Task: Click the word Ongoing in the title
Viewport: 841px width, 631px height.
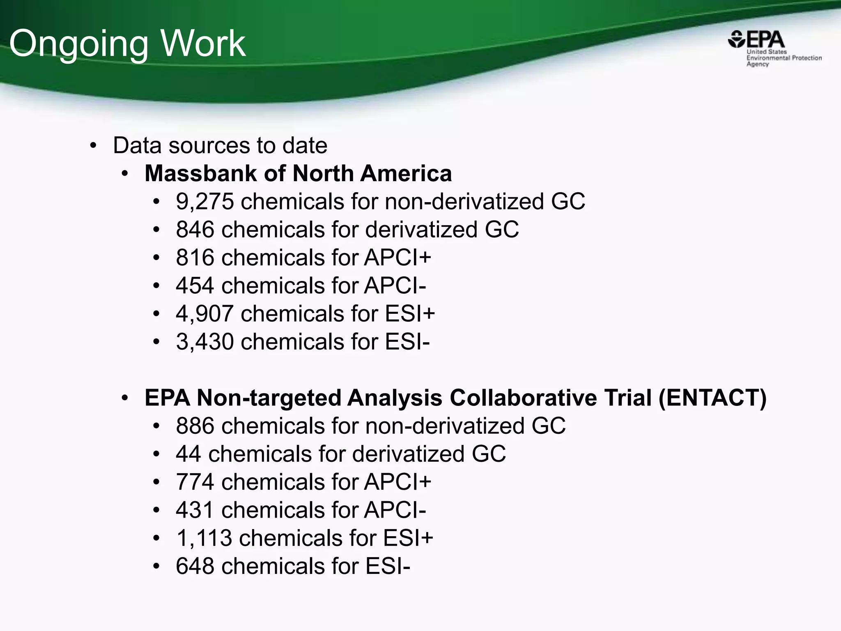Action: tap(78, 44)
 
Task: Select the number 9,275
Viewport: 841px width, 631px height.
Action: tap(205, 202)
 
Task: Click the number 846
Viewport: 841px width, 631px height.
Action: tap(195, 230)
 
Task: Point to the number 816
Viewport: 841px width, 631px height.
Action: tap(195, 258)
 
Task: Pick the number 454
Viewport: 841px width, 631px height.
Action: tap(195, 286)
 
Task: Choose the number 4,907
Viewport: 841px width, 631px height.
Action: tap(205, 314)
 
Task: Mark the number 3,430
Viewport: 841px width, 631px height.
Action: tap(205, 342)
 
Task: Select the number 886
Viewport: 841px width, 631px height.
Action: tap(195, 426)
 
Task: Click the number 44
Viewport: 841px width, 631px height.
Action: tap(188, 454)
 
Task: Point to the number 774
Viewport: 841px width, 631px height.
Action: tap(195, 482)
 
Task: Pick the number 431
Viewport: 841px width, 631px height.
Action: tap(195, 510)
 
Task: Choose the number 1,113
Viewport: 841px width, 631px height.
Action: tap(204, 538)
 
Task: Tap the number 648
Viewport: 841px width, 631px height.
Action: tap(195, 566)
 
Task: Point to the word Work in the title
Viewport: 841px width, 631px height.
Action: tap(203, 44)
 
